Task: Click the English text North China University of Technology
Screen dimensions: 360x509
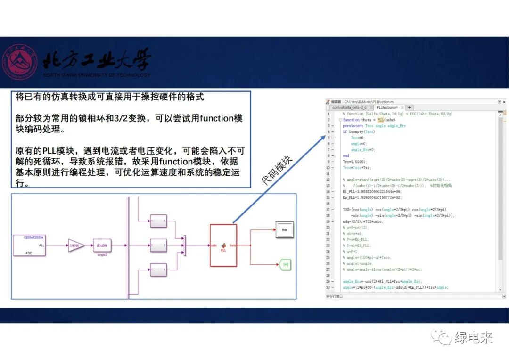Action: tap(97, 75)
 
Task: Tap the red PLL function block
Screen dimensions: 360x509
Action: tap(223, 245)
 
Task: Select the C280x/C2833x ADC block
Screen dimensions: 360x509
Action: tap(29, 245)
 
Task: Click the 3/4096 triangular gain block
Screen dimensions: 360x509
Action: tap(76, 245)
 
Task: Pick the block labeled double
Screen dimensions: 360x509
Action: tap(102, 245)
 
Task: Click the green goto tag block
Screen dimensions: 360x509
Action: tap(285, 265)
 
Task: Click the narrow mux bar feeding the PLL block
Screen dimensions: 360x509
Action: tap(184, 245)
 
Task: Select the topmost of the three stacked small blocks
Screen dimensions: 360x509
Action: tap(158, 220)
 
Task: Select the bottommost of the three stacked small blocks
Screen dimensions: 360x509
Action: tap(158, 270)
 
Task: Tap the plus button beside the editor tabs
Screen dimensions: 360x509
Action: tap(410, 107)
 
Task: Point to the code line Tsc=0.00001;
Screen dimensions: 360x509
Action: tap(355, 162)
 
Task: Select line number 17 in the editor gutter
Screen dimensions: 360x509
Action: tap(328, 210)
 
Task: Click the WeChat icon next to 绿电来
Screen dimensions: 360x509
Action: tap(443, 337)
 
